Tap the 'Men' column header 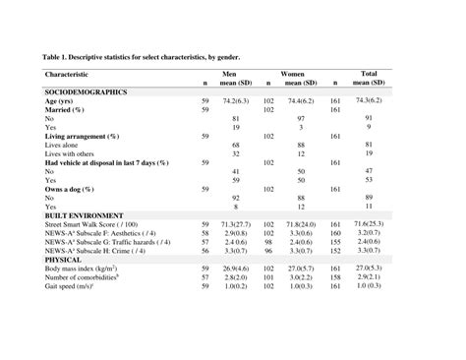(x=229, y=74)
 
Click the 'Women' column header (x=293, y=74)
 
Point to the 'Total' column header (x=370, y=74)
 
